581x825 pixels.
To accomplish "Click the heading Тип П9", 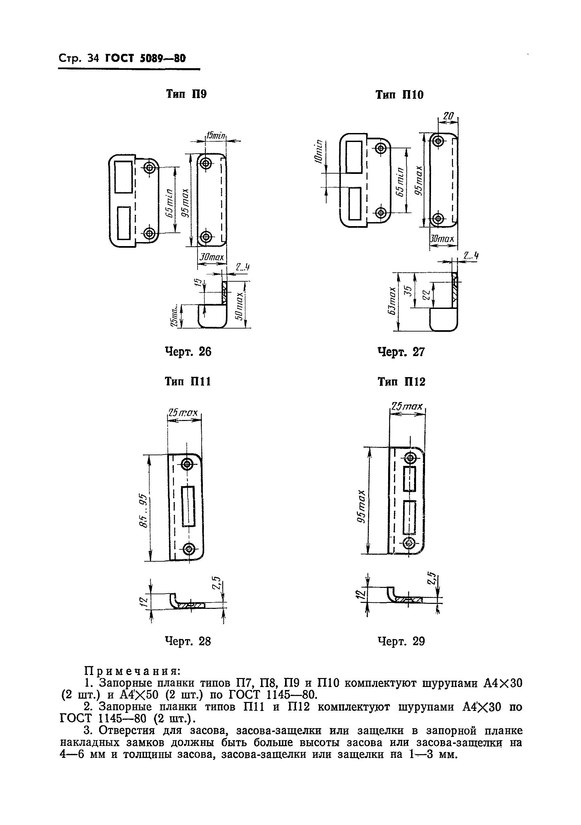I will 186,94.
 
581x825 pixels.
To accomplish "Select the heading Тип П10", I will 399,95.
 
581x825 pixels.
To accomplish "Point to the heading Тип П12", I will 401,382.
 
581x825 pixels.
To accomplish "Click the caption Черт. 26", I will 188,351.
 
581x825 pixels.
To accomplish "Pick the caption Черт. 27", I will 401,352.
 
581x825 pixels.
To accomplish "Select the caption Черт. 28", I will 188,641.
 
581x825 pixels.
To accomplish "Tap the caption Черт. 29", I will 401,641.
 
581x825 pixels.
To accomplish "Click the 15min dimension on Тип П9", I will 216,136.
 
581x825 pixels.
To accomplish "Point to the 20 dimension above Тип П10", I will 448,116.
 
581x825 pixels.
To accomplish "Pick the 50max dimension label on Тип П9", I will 240,305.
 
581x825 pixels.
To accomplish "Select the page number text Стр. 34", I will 78,58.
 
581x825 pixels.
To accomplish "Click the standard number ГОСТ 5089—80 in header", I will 145,58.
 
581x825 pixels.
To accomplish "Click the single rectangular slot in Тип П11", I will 188,506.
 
